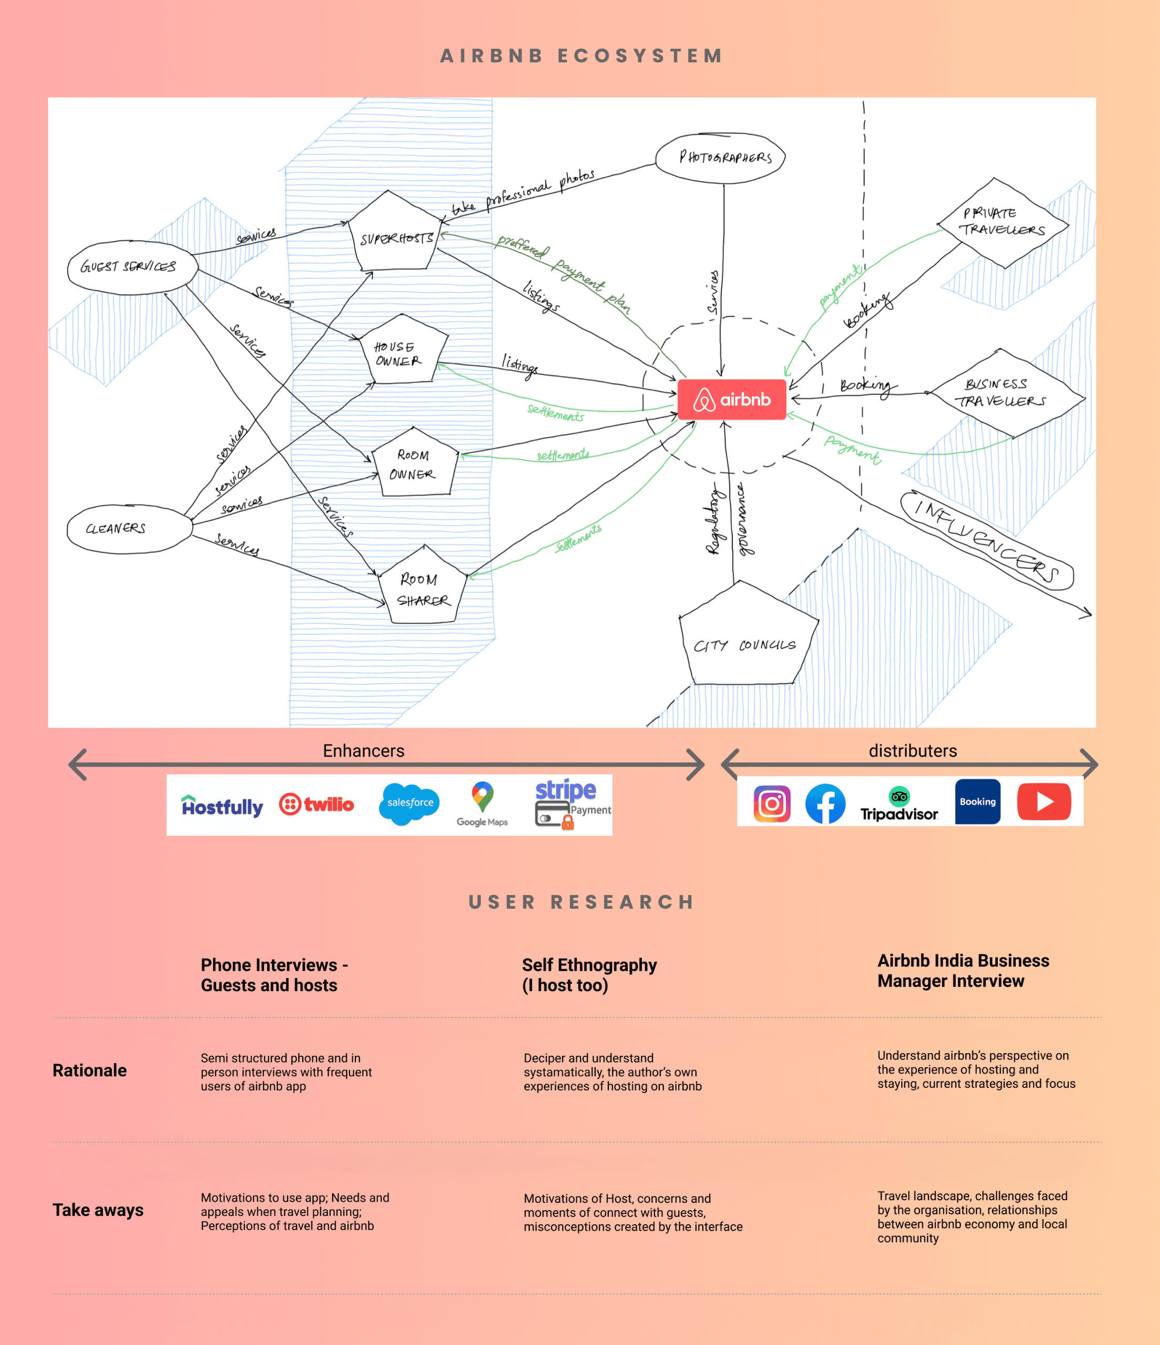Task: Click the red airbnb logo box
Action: tap(732, 399)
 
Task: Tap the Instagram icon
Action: tap(772, 804)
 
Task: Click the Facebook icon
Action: tap(825, 804)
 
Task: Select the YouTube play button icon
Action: tap(1044, 802)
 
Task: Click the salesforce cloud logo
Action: tap(409, 804)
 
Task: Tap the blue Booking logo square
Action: tap(977, 802)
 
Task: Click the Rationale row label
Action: tap(90, 1070)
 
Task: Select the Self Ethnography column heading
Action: tap(589, 975)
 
